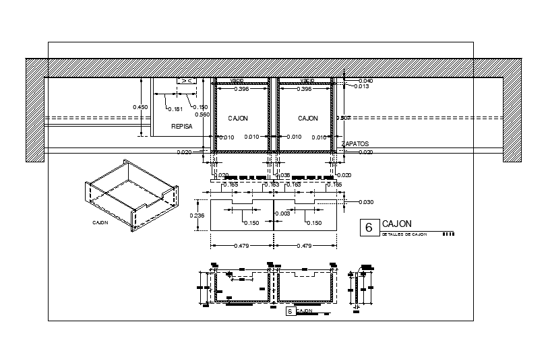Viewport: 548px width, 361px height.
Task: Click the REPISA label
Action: [182, 126]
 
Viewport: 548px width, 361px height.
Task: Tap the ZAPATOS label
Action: [356, 143]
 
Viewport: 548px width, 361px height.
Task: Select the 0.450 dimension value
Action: [140, 107]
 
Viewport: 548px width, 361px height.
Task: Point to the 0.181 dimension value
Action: [175, 108]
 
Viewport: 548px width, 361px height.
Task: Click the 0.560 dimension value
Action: [202, 114]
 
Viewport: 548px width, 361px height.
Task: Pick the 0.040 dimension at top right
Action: [365, 81]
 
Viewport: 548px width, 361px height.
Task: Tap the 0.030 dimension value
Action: [366, 202]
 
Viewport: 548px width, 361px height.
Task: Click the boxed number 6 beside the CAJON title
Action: [369, 228]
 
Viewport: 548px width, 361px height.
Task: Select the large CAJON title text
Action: [397, 224]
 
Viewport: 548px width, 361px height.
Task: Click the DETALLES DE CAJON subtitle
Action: [404, 234]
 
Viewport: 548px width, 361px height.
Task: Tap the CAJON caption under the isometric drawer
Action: [100, 222]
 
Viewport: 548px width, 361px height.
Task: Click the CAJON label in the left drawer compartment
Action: [238, 118]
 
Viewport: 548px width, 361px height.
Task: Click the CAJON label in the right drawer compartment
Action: [308, 118]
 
